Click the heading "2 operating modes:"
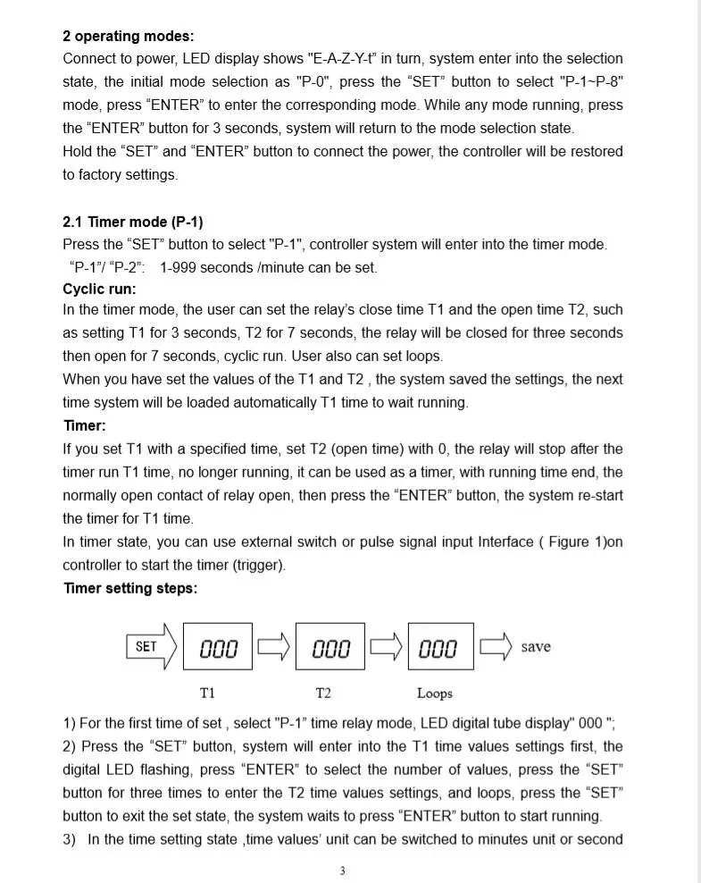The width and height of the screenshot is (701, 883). pyautogui.click(x=128, y=37)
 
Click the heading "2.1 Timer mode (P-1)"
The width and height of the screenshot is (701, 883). pyautogui.click(x=132, y=222)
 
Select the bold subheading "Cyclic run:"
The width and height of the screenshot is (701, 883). pyautogui.click(x=99, y=289)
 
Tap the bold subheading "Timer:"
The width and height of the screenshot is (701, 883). pyautogui.click(x=84, y=425)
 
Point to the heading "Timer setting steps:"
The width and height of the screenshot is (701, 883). pyautogui.click(x=129, y=588)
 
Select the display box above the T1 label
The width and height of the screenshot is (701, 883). pyautogui.click(x=217, y=647)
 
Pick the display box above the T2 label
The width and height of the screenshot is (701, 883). pyautogui.click(x=330, y=647)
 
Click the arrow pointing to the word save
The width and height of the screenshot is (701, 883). pyautogui.click(x=496, y=646)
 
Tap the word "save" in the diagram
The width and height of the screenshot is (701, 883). pyautogui.click(x=536, y=647)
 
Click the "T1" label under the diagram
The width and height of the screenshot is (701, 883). pyautogui.click(x=207, y=693)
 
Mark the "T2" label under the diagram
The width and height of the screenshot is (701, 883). pyautogui.click(x=323, y=693)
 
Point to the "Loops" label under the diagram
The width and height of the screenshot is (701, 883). pyautogui.click(x=435, y=694)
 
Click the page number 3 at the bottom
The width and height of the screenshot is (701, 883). pyautogui.click(x=342, y=871)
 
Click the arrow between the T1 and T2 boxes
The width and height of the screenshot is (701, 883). pyautogui.click(x=273, y=646)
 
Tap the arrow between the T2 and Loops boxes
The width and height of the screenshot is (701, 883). pyautogui.click(x=386, y=646)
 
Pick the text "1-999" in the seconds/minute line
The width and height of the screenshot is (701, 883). pyautogui.click(x=179, y=267)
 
